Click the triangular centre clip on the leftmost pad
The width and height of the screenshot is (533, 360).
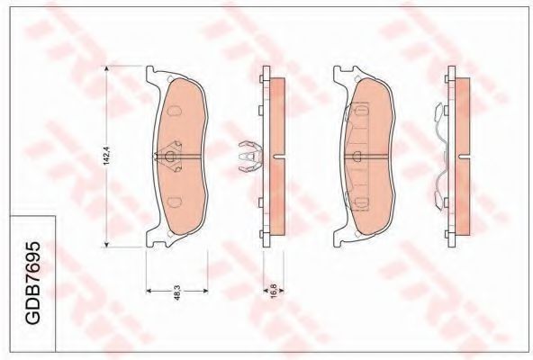tap(172, 157)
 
